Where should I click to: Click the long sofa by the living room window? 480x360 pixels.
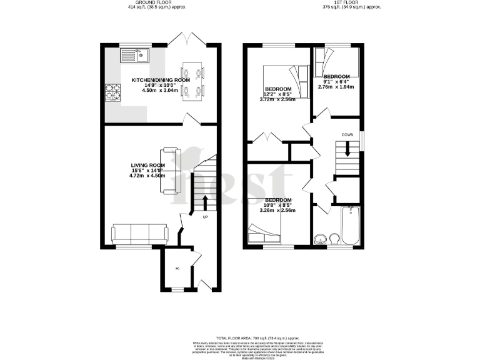pyautogui.click(x=139, y=234)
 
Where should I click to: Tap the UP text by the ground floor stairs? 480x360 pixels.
pyautogui.click(x=204, y=217)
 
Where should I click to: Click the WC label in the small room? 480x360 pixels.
pyautogui.click(x=177, y=269)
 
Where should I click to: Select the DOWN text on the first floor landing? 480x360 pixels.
pyautogui.click(x=347, y=134)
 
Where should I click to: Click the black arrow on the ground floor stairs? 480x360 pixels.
pyautogui.click(x=204, y=202)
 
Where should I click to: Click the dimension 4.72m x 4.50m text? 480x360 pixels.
pyautogui.click(x=147, y=176)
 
